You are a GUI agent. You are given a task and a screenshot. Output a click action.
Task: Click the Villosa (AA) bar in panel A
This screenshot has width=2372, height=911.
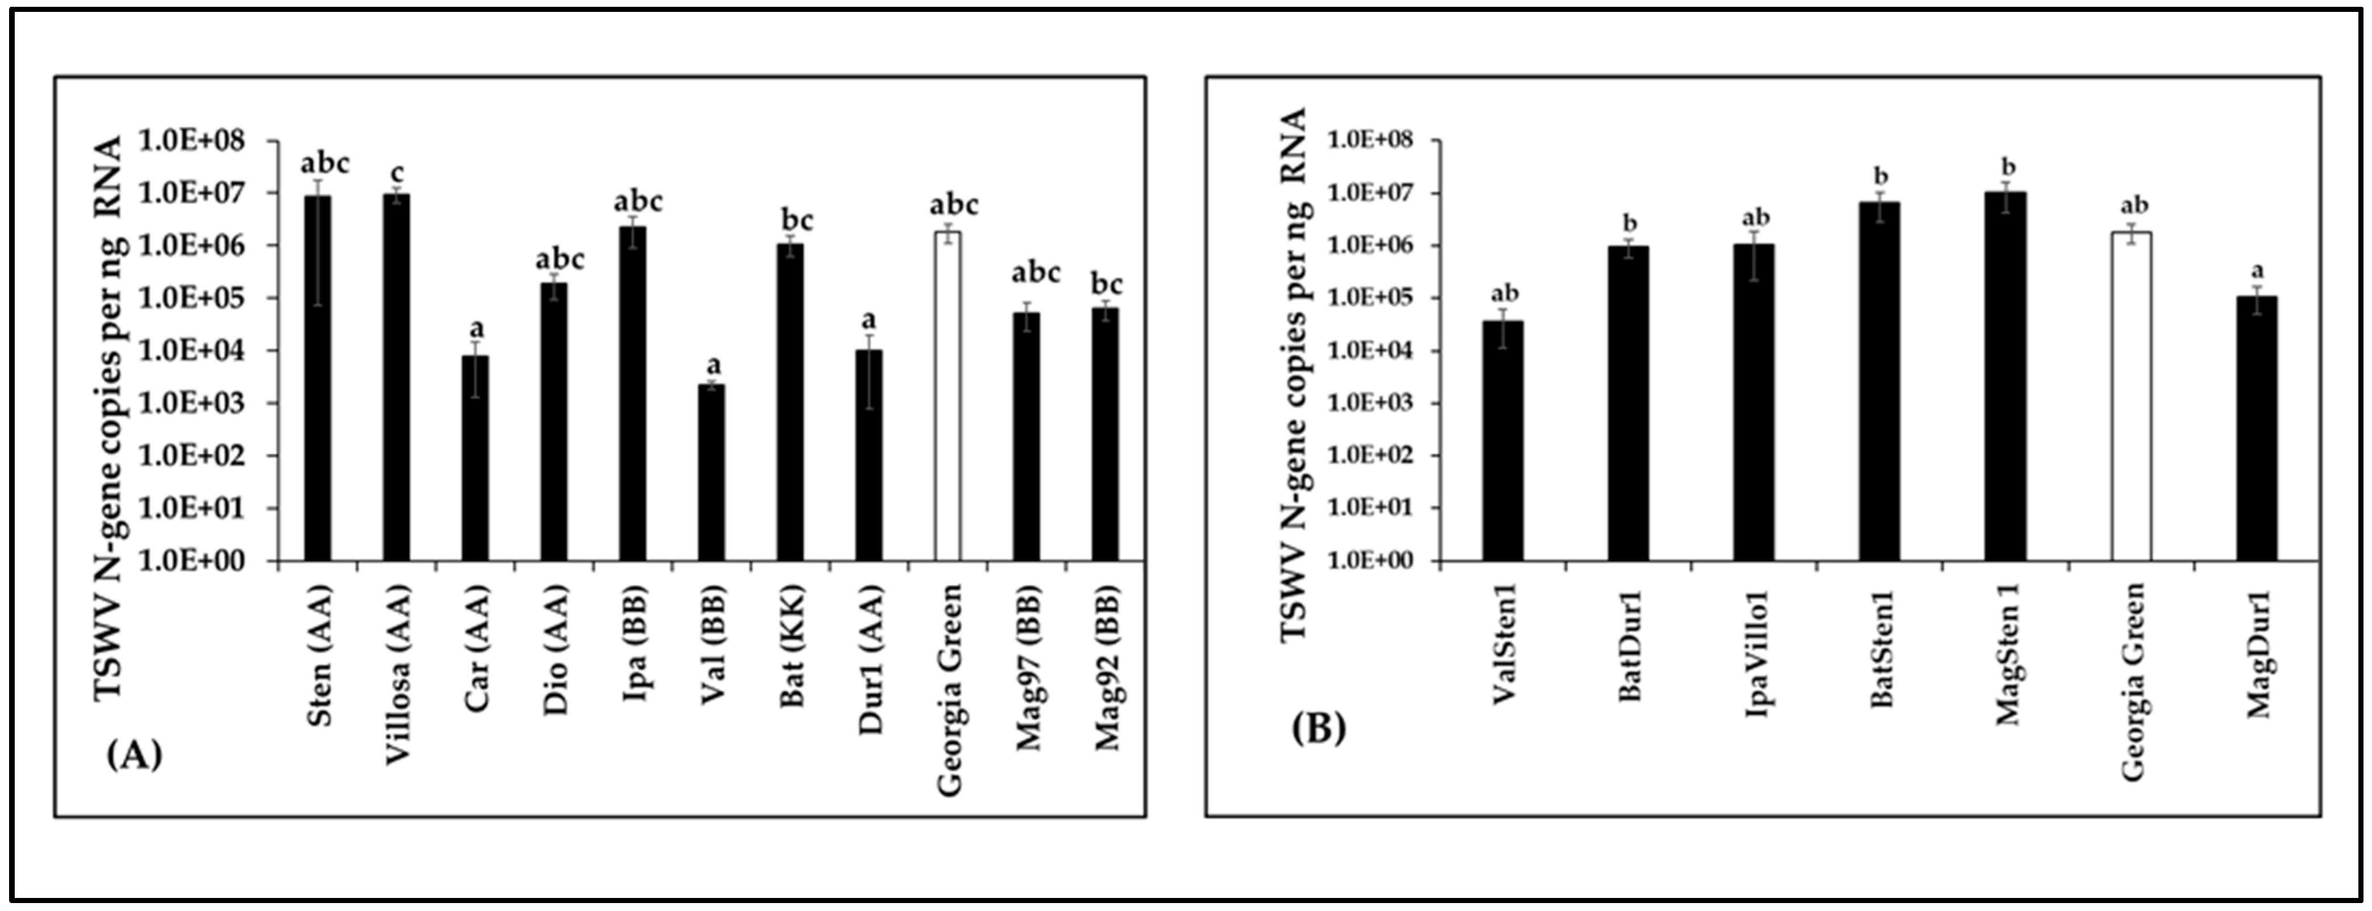[396, 377]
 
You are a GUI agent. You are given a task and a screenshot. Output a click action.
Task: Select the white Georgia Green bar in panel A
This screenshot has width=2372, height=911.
[948, 396]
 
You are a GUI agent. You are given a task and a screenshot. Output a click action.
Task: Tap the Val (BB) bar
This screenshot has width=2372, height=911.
[711, 473]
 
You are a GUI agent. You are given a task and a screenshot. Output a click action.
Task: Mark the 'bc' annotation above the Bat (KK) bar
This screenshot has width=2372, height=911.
[797, 220]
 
